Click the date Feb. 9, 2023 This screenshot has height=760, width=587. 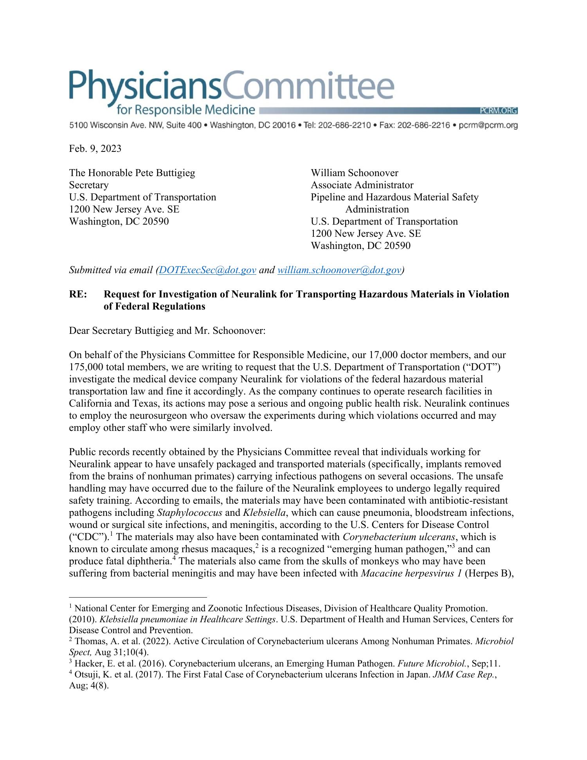click(x=95, y=149)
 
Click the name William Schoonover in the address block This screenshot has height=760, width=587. click(x=354, y=173)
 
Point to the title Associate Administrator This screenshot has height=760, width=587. click(x=362, y=185)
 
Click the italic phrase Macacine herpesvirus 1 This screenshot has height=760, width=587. click(x=411, y=574)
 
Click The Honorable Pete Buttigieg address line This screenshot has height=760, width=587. click(x=132, y=173)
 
